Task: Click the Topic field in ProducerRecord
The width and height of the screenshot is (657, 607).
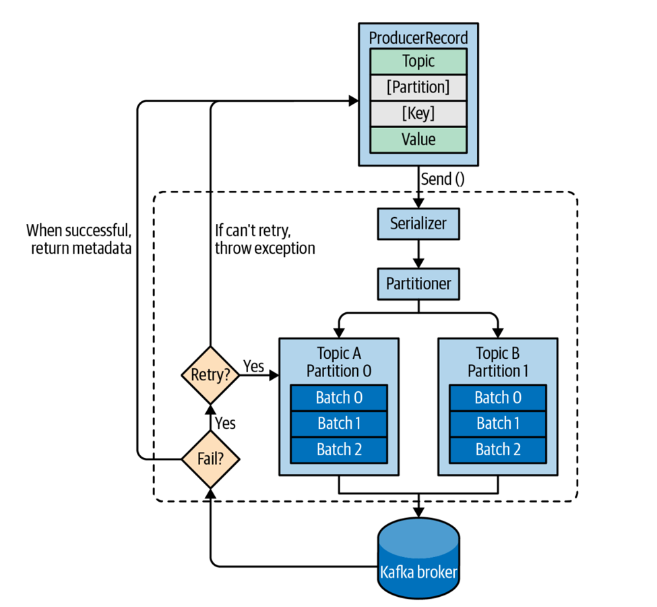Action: tap(418, 61)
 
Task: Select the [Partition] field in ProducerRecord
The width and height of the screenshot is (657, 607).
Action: tap(418, 88)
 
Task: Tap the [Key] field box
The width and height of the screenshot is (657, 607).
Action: tap(418, 113)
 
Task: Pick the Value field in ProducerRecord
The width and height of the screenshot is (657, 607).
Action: tap(418, 140)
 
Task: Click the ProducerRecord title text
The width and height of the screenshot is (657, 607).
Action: tap(418, 37)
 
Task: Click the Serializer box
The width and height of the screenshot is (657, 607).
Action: tap(418, 223)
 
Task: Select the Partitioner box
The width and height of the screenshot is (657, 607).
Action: tap(418, 283)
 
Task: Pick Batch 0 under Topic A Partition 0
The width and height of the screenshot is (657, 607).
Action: tap(339, 397)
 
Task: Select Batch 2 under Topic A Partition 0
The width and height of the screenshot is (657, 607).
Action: tap(339, 449)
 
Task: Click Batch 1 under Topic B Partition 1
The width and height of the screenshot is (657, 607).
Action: tap(498, 424)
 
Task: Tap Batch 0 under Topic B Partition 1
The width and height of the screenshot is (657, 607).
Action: tap(498, 397)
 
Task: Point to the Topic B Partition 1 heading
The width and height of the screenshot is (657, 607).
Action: tap(498, 362)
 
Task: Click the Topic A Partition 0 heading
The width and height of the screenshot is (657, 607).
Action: tap(339, 362)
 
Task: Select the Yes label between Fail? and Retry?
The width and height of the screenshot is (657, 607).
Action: tap(225, 423)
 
